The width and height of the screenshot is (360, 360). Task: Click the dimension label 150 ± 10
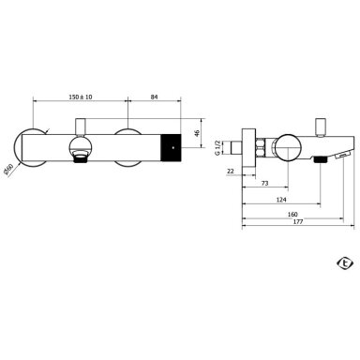click(x=81, y=97)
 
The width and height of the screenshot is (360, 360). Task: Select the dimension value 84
click(x=154, y=97)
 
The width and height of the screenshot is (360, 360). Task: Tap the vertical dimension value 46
click(x=197, y=133)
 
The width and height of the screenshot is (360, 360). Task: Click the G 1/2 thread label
click(x=217, y=147)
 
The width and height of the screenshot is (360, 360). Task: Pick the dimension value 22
click(x=231, y=171)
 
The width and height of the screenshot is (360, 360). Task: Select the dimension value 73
click(x=264, y=184)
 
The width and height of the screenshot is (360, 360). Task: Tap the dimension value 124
click(x=281, y=200)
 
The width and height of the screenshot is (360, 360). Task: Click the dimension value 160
click(x=292, y=215)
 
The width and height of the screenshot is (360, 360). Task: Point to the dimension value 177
click(x=298, y=222)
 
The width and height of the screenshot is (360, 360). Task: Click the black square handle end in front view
click(x=171, y=147)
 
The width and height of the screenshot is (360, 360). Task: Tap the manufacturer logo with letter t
click(x=345, y=263)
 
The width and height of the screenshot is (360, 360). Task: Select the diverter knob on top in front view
click(x=81, y=127)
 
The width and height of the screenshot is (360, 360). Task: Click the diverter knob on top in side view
click(x=321, y=127)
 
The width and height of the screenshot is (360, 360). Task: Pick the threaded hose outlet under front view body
click(x=81, y=157)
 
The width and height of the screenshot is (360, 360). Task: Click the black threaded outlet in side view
click(x=320, y=159)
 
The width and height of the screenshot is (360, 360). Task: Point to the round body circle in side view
click(x=288, y=148)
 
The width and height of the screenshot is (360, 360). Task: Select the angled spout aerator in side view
click(x=342, y=155)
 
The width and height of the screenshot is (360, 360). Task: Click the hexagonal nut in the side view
click(x=261, y=147)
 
